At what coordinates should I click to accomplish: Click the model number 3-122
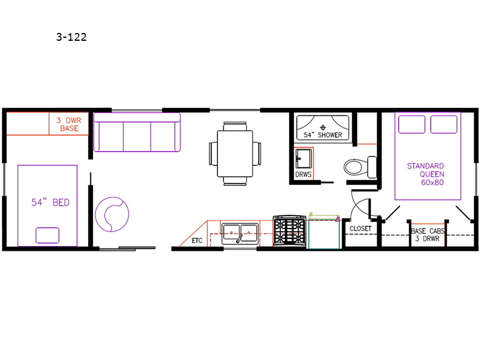(71, 37)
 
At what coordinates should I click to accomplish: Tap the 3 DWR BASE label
(69, 124)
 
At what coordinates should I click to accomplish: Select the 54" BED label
(50, 202)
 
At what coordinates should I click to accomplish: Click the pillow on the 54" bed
(47, 235)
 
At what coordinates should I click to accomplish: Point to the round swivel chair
(112, 214)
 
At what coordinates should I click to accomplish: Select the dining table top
(235, 154)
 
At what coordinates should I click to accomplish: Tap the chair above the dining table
(235, 126)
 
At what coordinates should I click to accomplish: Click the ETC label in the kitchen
(197, 241)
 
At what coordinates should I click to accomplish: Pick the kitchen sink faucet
(239, 238)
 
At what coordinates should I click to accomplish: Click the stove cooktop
(290, 231)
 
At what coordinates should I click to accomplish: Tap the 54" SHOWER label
(323, 135)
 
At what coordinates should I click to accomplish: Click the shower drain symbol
(323, 127)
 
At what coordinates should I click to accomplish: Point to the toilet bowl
(355, 167)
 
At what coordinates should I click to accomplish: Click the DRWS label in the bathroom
(304, 175)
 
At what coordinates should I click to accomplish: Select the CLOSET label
(361, 229)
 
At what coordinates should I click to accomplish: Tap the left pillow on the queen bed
(412, 124)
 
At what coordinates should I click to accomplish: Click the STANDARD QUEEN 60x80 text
(425, 174)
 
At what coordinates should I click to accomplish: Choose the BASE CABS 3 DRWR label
(428, 235)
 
